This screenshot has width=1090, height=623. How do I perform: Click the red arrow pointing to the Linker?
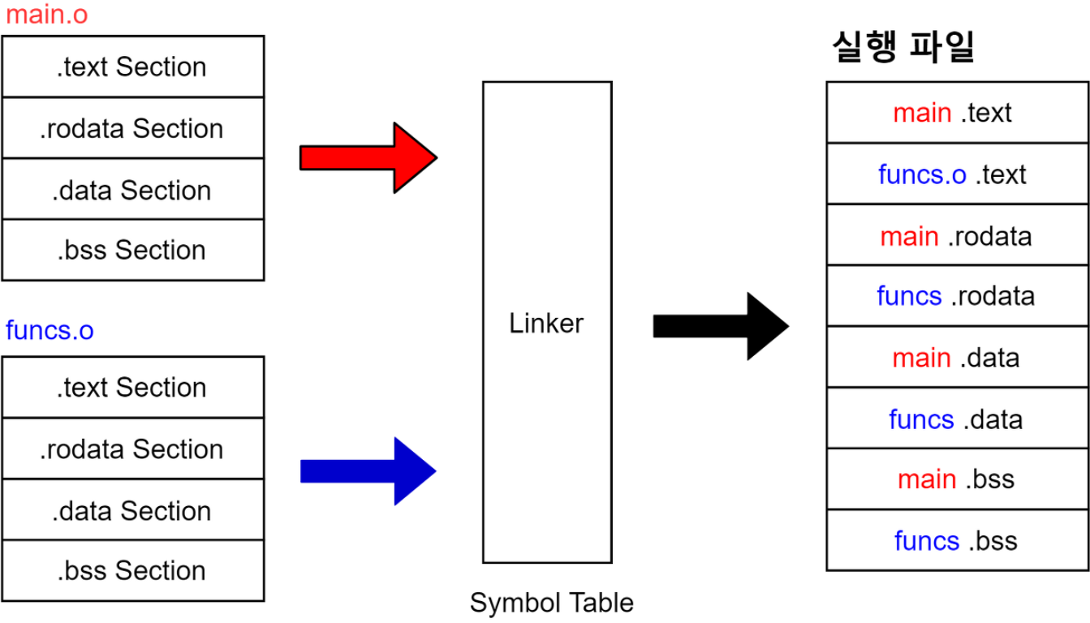coord(369,158)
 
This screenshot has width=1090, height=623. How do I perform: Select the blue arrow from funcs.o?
coord(369,470)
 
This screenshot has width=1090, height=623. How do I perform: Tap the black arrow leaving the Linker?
coord(721,326)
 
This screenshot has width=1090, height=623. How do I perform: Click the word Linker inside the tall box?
coord(546,324)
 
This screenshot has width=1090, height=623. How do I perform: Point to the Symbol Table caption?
coord(551,603)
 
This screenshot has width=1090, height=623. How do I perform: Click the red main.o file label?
coord(46,15)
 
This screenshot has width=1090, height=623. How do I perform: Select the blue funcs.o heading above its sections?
coord(50,331)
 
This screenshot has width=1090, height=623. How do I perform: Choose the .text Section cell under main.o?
coord(132,67)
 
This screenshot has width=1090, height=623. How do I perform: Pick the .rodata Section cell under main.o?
coord(132,128)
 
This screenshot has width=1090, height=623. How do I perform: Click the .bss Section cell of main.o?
coord(132,250)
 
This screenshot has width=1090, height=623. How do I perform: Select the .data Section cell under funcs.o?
coord(132,510)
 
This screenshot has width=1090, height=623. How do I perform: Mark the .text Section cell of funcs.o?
coord(132,387)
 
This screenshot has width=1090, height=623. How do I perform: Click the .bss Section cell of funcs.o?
coord(132,571)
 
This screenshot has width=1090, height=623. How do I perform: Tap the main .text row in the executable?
coord(956,113)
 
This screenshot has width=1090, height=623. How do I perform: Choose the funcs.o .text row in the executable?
coord(956,174)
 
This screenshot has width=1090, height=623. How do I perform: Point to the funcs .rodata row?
coord(956,296)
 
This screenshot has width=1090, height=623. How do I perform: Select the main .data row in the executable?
coord(956,358)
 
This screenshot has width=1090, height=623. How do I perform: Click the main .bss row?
coord(956,479)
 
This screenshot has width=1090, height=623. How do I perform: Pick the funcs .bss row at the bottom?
coord(956,541)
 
